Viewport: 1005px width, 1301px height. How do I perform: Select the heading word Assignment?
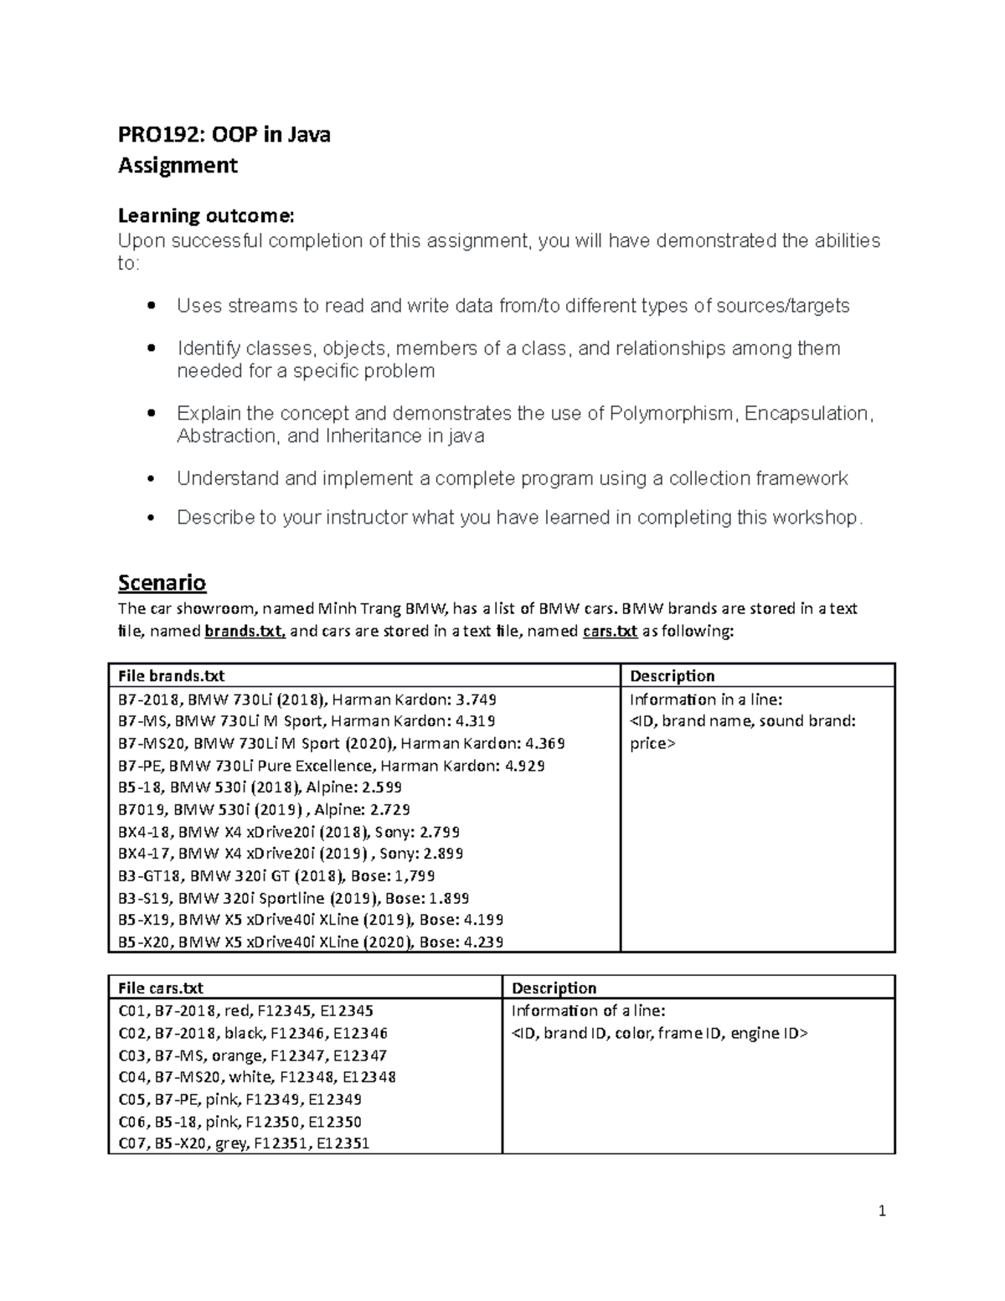pos(178,165)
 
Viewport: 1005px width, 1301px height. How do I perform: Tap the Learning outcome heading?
pos(206,215)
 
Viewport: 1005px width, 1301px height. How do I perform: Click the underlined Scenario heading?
pos(162,582)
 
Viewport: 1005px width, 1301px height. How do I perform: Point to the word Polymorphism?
pos(673,414)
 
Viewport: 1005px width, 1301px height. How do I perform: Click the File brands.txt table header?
pos(171,676)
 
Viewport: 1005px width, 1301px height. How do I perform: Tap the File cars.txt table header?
pos(160,988)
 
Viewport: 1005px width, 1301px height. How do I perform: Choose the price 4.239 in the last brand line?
pos(482,942)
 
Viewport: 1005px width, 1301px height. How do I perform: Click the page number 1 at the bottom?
pos(882,1211)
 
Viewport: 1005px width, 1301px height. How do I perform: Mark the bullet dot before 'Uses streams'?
pos(151,307)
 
